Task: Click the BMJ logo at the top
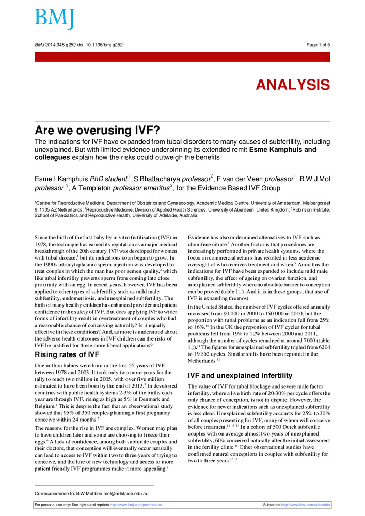54,19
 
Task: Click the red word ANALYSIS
293,85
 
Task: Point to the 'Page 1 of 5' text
318,45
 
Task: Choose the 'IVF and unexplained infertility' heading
240,375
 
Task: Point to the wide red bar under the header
182,57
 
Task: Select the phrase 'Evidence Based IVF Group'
239,188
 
